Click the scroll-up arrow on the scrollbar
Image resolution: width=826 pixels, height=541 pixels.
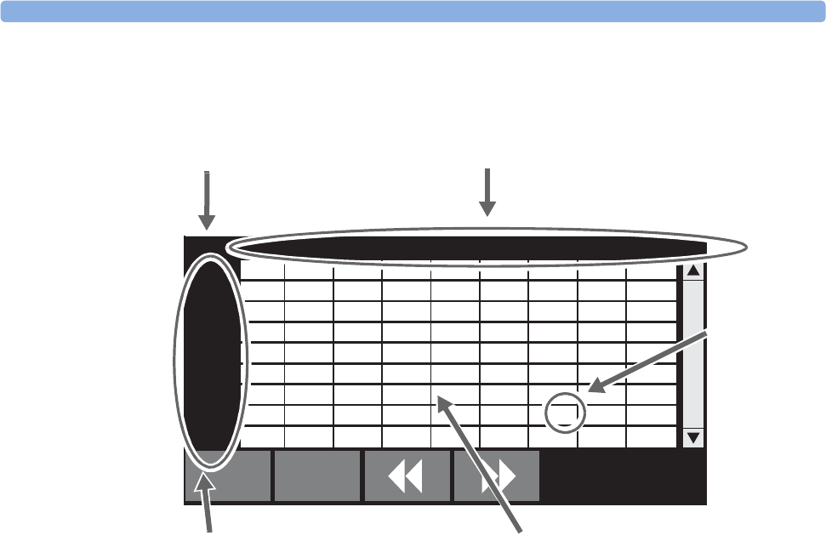point(693,272)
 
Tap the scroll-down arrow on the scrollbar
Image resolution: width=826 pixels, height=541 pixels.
point(693,438)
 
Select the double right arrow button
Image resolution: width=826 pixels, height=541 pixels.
point(497,477)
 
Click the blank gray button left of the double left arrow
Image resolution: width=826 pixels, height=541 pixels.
point(316,477)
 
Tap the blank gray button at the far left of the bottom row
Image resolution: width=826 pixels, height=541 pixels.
point(228,477)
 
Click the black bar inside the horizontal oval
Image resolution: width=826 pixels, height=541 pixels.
point(468,248)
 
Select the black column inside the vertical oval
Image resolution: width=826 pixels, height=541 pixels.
point(211,357)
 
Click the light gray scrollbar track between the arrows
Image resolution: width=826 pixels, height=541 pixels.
point(693,353)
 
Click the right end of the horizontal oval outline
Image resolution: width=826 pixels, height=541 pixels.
point(745,248)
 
